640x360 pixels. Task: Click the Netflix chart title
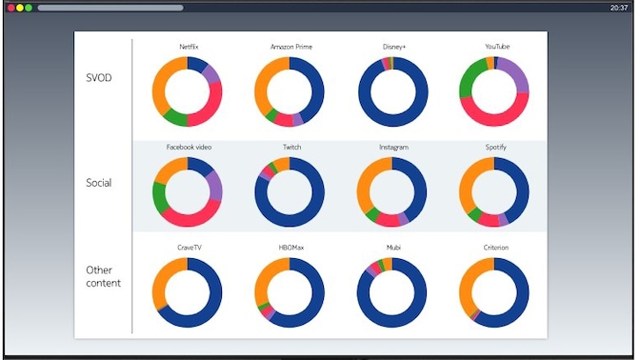[x=188, y=47]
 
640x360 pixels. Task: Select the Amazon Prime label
[x=290, y=47]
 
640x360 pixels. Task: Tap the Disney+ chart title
[x=393, y=47]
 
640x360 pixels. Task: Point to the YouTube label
[x=496, y=47]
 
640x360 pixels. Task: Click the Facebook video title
[x=188, y=148]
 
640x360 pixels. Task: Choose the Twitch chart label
[x=291, y=148]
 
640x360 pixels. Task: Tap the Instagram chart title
[x=393, y=148]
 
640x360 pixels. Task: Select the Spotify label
[x=496, y=148]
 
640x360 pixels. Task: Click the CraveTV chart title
[x=188, y=248]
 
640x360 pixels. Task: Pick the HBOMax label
[x=291, y=248]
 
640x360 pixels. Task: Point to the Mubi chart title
[x=393, y=248]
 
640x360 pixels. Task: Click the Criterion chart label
[x=496, y=248]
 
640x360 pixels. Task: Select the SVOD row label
[x=98, y=77]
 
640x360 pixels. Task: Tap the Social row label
[x=99, y=182]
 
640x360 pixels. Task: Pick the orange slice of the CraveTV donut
[x=163, y=277]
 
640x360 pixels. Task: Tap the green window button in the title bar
[x=29, y=8]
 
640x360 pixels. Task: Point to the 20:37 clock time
[x=619, y=8]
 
